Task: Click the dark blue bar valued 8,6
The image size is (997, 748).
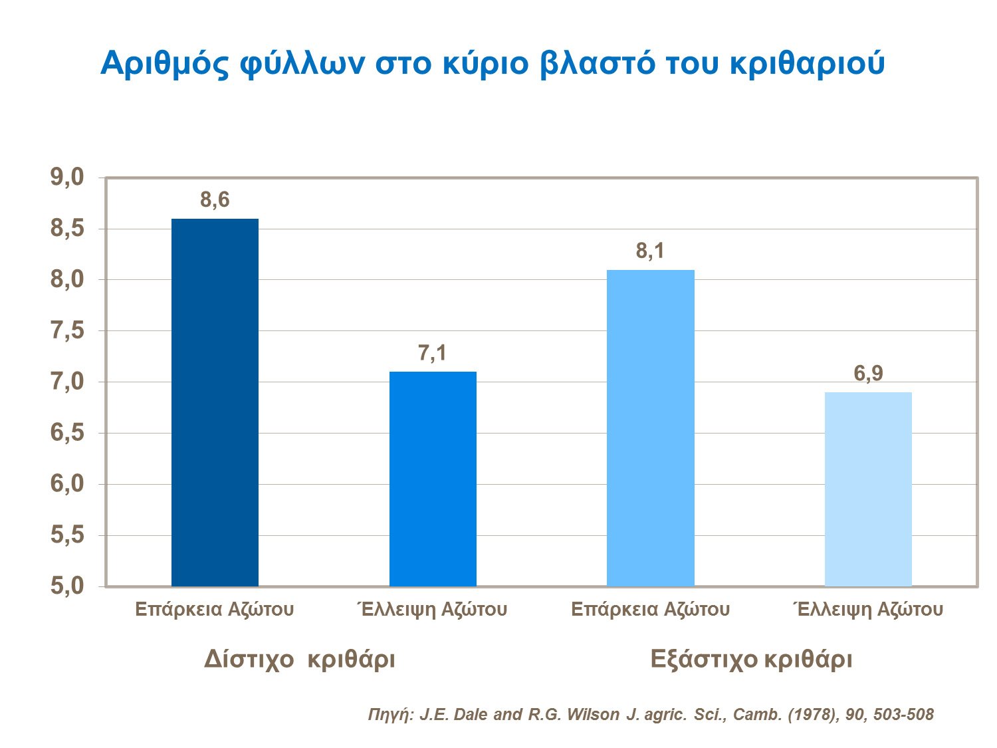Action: (215, 402)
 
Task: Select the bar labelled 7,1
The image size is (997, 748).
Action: (433, 479)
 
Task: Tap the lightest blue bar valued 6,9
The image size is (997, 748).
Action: (868, 489)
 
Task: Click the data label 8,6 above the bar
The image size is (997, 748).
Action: (215, 199)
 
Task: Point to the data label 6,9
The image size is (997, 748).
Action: (868, 374)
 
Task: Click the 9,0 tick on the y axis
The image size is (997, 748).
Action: (67, 178)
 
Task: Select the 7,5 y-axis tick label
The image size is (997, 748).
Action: (67, 330)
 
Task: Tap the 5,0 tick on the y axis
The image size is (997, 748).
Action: (67, 586)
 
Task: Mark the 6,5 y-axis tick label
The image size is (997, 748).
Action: (67, 433)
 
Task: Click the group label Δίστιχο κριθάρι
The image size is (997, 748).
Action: (299, 659)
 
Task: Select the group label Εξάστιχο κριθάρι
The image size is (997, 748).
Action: (751, 659)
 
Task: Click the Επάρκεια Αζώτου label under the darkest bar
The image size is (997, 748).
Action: (214, 609)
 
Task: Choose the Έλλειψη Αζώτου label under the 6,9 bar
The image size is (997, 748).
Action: (868, 609)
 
